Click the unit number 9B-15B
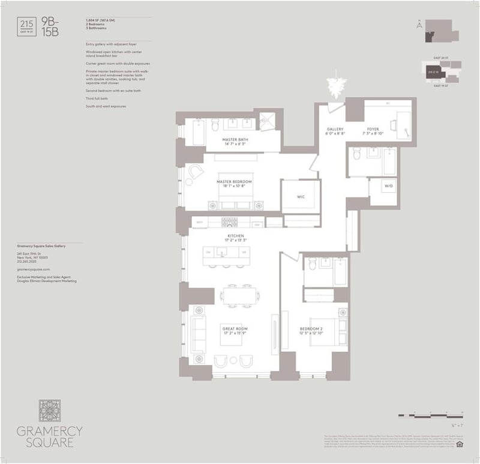pyautogui.click(x=49, y=28)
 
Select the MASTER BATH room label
pyautogui.click(x=235, y=142)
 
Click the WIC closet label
pyautogui.click(x=301, y=195)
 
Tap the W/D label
pyautogui.click(x=390, y=186)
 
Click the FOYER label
pyautogui.click(x=373, y=131)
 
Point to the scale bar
pyautogui.click(x=428, y=415)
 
